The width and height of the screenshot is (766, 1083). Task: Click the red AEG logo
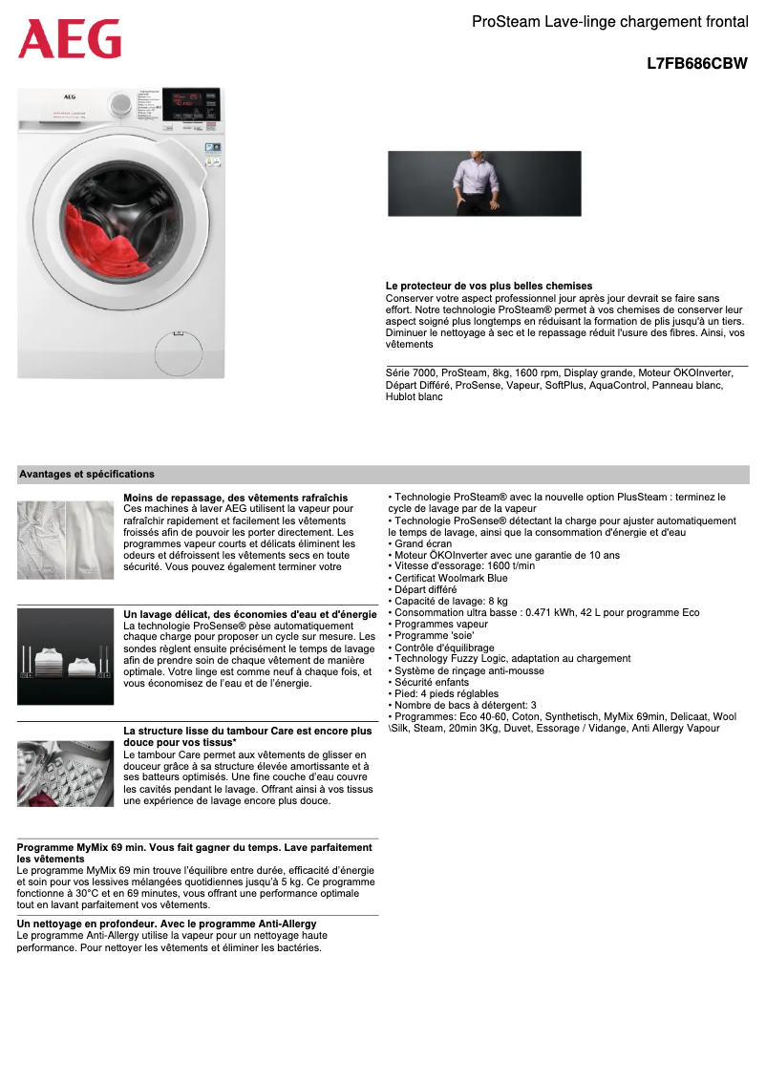coord(70,40)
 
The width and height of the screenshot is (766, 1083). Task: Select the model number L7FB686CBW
coord(696,64)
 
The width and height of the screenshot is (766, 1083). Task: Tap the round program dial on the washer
coord(119,103)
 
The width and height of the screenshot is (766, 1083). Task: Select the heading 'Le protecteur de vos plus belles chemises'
coord(489,286)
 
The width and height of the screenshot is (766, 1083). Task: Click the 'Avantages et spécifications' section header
coord(87,474)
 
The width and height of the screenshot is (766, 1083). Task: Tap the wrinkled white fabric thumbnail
coord(65,539)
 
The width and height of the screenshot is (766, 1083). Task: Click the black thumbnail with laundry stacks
coord(65,656)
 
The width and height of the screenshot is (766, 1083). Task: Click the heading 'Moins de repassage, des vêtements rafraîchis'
coord(236,498)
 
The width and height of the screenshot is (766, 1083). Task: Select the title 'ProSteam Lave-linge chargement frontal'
coord(609,20)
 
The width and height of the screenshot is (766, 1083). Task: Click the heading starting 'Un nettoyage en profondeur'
coord(167,924)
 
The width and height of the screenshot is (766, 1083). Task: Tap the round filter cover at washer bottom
coord(179,334)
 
